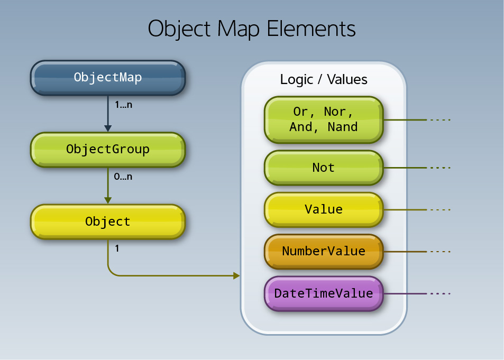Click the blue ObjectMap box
[x=108, y=77]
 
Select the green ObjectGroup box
[x=108, y=149]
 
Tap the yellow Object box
[x=108, y=221]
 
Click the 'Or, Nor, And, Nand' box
[x=323, y=119]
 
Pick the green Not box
[x=323, y=168]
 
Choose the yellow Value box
[x=323, y=209]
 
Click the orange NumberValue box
[x=323, y=251]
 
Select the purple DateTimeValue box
[x=323, y=293]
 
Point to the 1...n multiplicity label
[x=123, y=105]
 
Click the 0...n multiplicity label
[x=123, y=177]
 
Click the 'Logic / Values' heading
[x=323, y=80]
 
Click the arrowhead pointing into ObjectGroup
[x=108, y=128]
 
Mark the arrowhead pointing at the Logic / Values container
[x=236, y=275]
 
